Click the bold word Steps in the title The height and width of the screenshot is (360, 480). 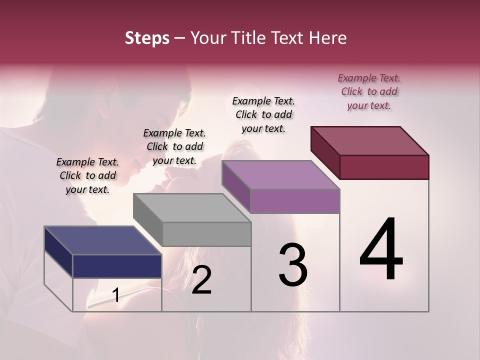tap(147, 38)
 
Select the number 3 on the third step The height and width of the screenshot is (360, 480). tap(292, 265)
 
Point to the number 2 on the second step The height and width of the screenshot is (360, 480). tap(201, 280)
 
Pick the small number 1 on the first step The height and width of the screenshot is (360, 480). tap(116, 295)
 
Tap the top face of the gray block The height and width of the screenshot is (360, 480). tap(191, 208)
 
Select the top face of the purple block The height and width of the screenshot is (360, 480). tap(280, 175)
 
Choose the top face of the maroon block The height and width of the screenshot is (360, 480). tap(369, 141)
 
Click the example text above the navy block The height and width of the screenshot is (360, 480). tap(87, 175)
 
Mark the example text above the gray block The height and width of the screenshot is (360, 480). tap(174, 146)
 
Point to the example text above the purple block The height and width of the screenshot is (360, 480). tap(263, 114)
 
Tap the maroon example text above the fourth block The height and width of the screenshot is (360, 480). tap(369, 91)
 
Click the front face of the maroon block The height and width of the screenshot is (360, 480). tap(384, 167)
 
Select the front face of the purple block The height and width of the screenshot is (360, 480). tap(295, 201)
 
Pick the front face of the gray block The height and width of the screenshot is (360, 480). tap(206, 234)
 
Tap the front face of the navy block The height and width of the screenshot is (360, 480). tap(117, 266)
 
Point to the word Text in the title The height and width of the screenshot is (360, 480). tap(289, 38)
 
